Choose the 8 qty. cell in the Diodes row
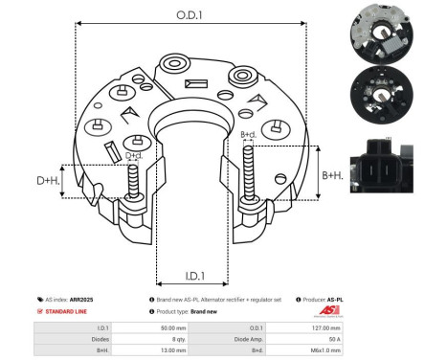[x=180, y=340]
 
